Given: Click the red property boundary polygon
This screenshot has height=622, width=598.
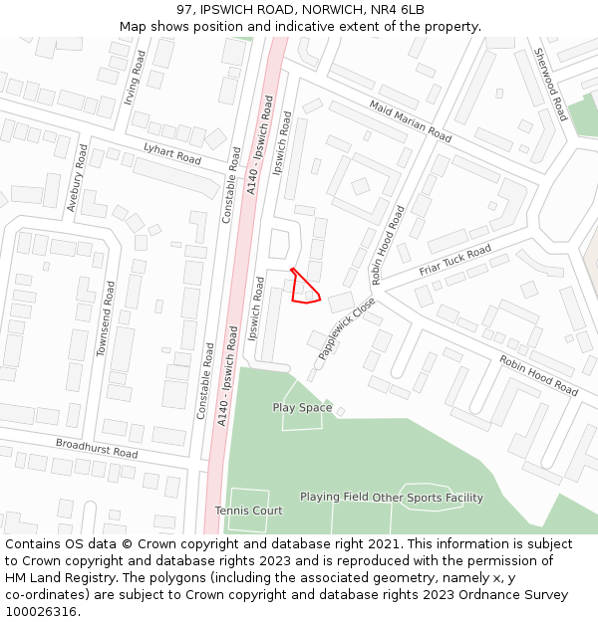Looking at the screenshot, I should click(303, 289).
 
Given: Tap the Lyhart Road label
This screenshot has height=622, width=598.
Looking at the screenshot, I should click(171, 154).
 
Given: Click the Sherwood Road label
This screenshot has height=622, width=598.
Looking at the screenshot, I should click(550, 84).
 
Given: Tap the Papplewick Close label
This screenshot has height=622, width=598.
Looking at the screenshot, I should click(347, 327).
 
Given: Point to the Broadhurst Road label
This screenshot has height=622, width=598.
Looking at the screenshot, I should click(97, 448).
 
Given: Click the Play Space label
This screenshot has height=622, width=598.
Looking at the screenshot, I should click(302, 408).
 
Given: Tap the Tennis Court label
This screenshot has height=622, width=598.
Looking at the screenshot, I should click(248, 511).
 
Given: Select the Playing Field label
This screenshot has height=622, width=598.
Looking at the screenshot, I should click(334, 498).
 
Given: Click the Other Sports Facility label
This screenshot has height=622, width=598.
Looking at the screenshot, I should click(428, 498).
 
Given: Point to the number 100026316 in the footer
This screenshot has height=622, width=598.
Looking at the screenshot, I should click(43, 611).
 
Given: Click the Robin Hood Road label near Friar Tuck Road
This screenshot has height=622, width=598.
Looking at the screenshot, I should click(389, 246).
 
